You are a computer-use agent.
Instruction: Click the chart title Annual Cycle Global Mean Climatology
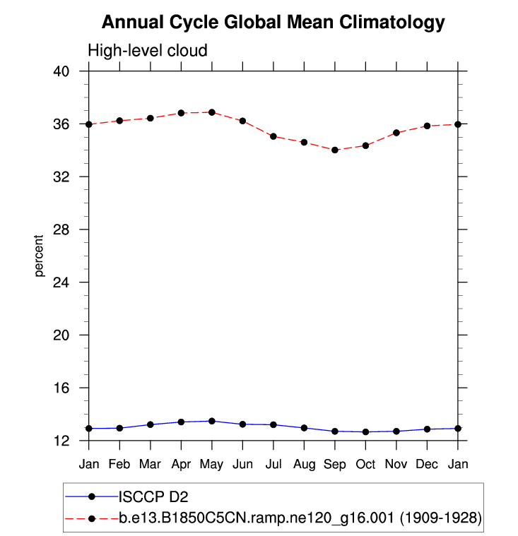[273, 23]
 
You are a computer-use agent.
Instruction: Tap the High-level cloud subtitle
[147, 51]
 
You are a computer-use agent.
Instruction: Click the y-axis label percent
[40, 256]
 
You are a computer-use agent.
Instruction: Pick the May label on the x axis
[212, 464]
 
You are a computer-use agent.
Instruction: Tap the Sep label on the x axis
[335, 464]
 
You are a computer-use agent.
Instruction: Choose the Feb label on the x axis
[119, 464]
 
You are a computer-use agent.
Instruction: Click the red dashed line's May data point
[212, 112]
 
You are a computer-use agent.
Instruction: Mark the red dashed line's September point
[335, 150]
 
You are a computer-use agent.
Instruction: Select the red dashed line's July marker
[273, 136]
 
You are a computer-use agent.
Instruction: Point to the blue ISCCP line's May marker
[212, 421]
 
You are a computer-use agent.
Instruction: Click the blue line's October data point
[365, 431]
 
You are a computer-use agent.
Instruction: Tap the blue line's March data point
[151, 424]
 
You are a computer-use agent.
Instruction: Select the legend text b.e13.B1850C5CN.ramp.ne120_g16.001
[256, 518]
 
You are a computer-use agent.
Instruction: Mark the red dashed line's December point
[427, 126]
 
